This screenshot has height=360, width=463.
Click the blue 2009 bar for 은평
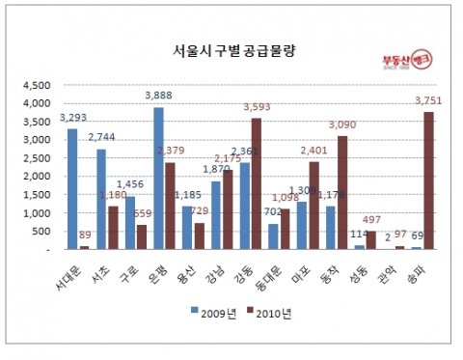coord(158,179)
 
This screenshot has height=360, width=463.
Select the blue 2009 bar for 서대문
coord(72,189)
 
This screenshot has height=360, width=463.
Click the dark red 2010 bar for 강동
coord(256,183)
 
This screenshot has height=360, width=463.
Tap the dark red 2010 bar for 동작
coord(342,193)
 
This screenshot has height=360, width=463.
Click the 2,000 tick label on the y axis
coord(37,176)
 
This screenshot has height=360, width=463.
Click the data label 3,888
coord(158,97)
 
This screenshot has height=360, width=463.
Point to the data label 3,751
coord(428,100)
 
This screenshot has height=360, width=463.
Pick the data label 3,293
coord(72,118)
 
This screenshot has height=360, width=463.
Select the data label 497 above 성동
coord(371,220)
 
